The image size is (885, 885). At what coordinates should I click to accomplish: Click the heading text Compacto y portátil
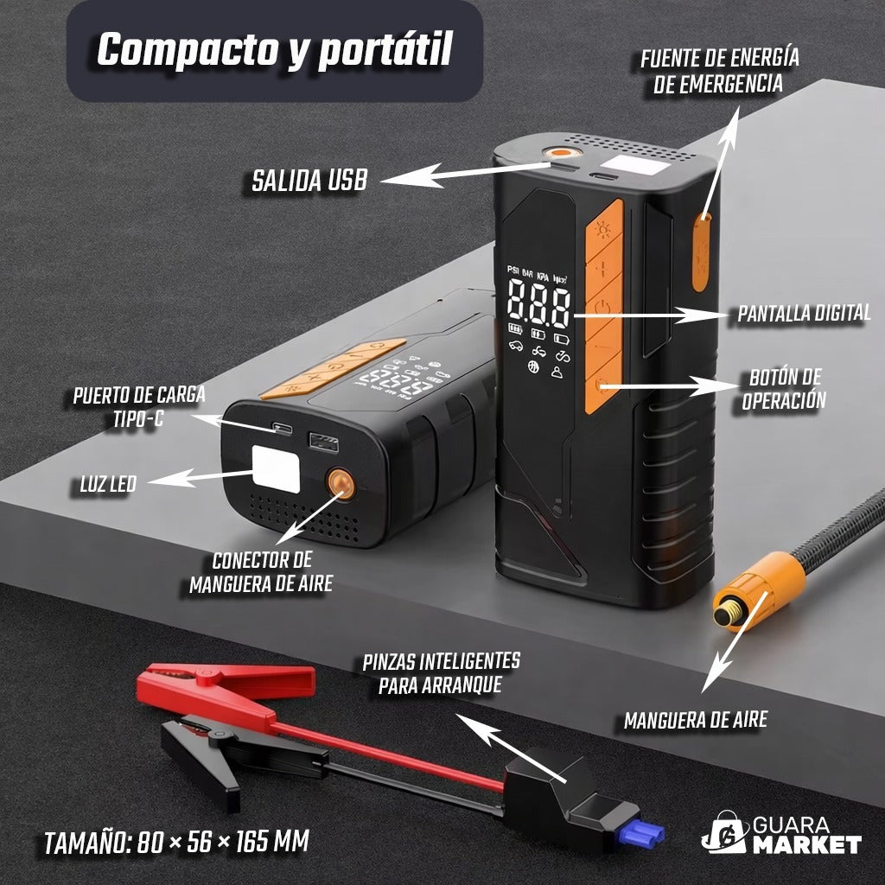tap(275, 50)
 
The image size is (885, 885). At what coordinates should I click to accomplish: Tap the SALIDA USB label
tap(309, 181)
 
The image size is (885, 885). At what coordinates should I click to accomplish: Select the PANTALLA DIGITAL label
tap(805, 313)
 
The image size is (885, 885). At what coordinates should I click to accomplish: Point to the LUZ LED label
tap(108, 484)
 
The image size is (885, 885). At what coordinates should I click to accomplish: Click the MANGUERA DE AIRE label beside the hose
tap(696, 720)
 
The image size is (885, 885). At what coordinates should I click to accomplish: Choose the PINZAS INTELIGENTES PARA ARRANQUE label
tap(441, 673)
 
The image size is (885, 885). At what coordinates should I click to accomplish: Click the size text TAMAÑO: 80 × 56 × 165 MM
tap(176, 842)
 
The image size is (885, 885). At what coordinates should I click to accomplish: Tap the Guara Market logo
tap(781, 835)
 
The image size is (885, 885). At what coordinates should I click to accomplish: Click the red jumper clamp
tap(226, 691)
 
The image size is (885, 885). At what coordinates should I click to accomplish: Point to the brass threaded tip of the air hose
tap(728, 614)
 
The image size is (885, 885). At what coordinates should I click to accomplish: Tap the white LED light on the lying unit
tap(276, 469)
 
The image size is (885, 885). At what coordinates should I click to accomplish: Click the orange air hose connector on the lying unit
tap(341, 484)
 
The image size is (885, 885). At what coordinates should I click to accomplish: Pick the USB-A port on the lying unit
tap(323, 442)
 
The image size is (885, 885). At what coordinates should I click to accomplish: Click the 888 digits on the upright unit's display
tap(538, 304)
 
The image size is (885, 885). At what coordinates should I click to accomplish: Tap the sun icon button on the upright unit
tap(604, 232)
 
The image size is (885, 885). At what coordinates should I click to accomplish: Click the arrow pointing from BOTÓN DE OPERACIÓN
tap(670, 386)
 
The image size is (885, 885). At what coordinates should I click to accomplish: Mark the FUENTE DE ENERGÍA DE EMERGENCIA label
tap(719, 71)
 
